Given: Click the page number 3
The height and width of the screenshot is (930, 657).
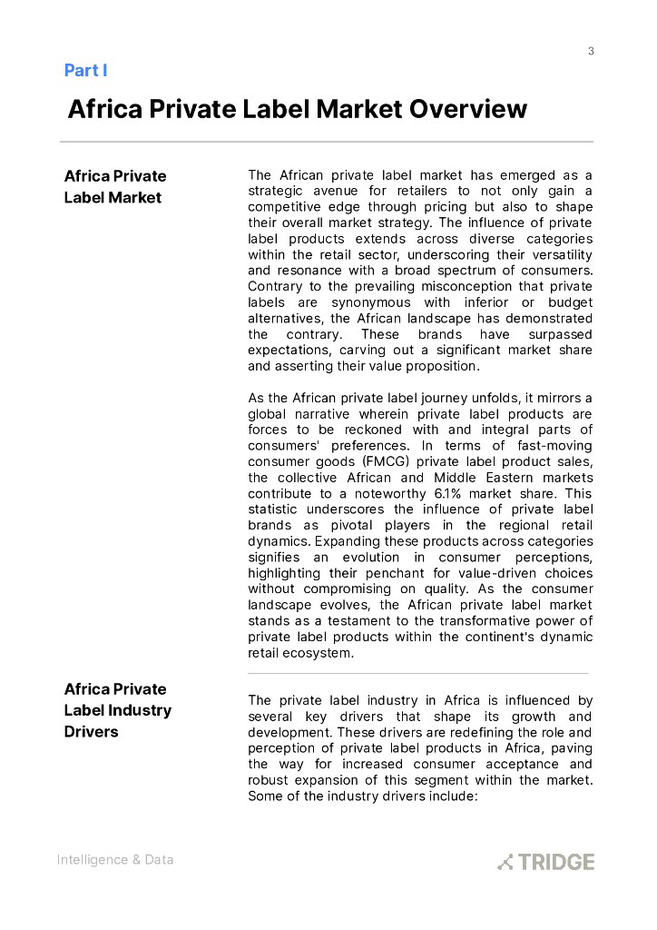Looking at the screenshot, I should pos(591,51).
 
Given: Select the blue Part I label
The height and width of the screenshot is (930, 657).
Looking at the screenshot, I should pos(86,70).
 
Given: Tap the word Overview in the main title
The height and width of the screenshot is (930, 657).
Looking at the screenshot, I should pos(467,110).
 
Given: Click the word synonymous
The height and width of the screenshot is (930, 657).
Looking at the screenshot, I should pos(370,302).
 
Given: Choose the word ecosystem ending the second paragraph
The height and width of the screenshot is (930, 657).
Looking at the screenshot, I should pos(316,653).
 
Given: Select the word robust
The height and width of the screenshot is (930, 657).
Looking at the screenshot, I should pos(269,780).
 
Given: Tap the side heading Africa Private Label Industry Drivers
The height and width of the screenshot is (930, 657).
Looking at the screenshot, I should pos(117,710).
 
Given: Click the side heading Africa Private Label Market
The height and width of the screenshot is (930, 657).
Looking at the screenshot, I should pos(114,186).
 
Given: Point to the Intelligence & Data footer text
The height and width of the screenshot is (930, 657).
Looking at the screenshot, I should pos(114,859).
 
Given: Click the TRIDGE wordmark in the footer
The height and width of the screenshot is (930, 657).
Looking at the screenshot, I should pos(556,862).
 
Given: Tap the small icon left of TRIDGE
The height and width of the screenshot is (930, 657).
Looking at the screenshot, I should pos(505,862).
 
